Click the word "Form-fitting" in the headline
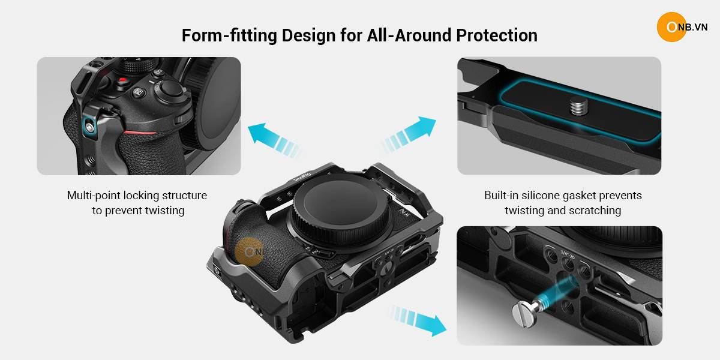point(229,35)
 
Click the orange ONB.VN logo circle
point(672,27)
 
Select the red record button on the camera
point(122,80)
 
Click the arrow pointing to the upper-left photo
point(274,140)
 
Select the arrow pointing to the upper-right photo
point(409,134)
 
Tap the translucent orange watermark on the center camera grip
point(250,252)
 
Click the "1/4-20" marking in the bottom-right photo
point(568,255)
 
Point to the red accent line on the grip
point(140,132)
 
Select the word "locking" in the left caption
point(141,196)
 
